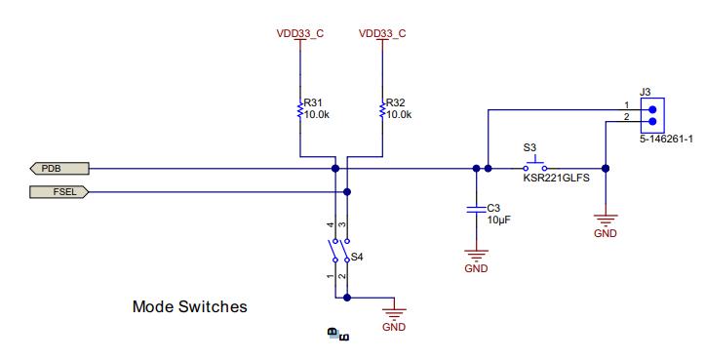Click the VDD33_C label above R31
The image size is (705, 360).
coord(300,33)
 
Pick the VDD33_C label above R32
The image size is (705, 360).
coord(382,33)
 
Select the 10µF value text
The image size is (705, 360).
coord(499,220)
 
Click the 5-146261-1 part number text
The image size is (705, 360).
coord(666,140)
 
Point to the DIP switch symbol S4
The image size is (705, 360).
coord(338,250)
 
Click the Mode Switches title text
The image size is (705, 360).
coord(189,306)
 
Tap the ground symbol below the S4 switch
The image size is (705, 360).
coord(394,314)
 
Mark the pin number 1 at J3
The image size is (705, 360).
coord(627,104)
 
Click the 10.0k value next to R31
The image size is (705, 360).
coord(317,114)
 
